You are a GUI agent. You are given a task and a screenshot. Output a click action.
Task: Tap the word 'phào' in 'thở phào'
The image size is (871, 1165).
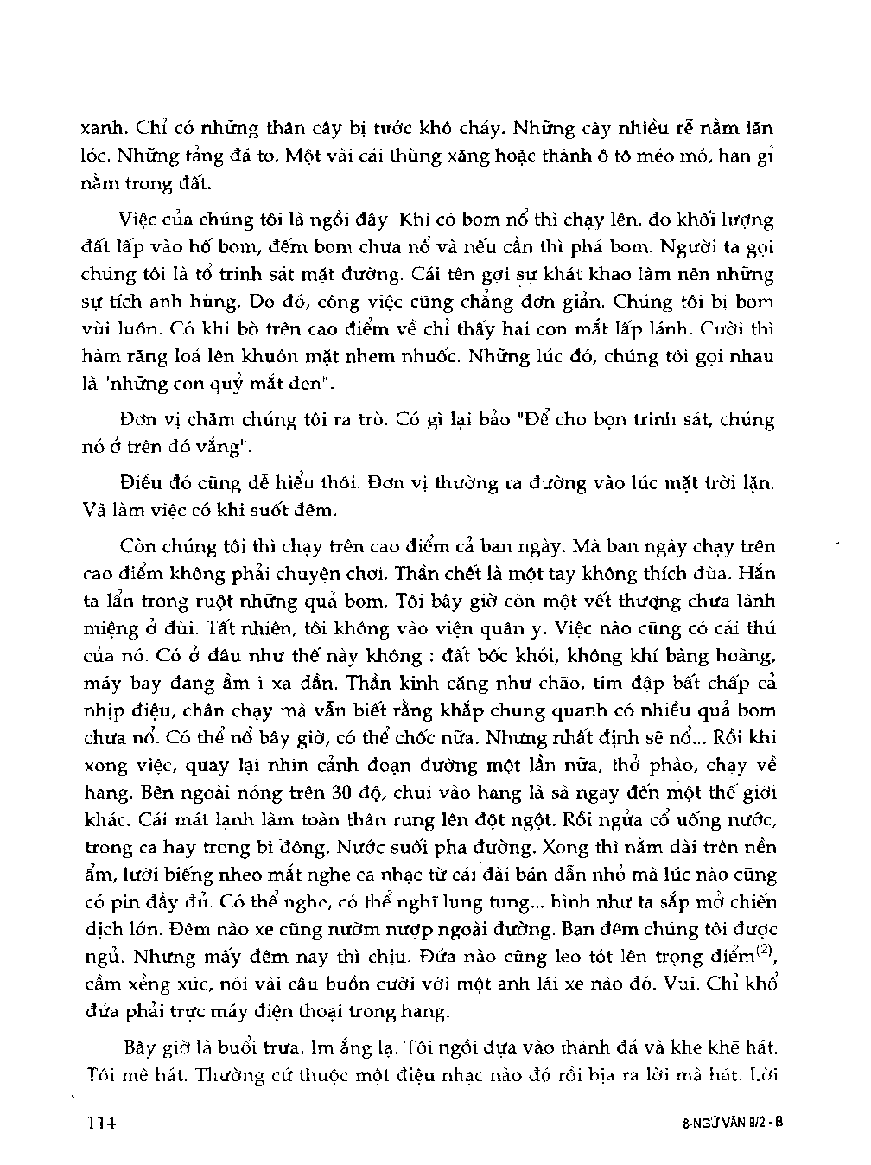665,766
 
